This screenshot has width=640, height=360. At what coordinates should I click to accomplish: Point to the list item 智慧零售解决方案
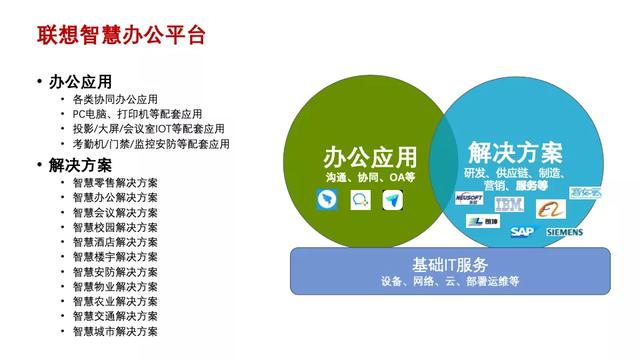(115, 183)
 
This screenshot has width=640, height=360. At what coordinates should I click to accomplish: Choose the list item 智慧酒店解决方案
(115, 242)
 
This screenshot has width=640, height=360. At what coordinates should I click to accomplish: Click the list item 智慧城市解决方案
(115, 330)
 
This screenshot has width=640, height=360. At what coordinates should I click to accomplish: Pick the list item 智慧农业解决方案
(115, 301)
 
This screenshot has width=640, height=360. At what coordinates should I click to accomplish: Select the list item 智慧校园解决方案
(115, 227)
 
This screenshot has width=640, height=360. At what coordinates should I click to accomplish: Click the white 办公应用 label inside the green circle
(369, 158)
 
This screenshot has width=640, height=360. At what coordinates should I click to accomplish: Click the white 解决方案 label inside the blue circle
(514, 153)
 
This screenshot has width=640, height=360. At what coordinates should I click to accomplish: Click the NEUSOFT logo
(469, 200)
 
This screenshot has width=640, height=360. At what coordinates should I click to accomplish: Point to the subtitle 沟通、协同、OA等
(369, 176)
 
